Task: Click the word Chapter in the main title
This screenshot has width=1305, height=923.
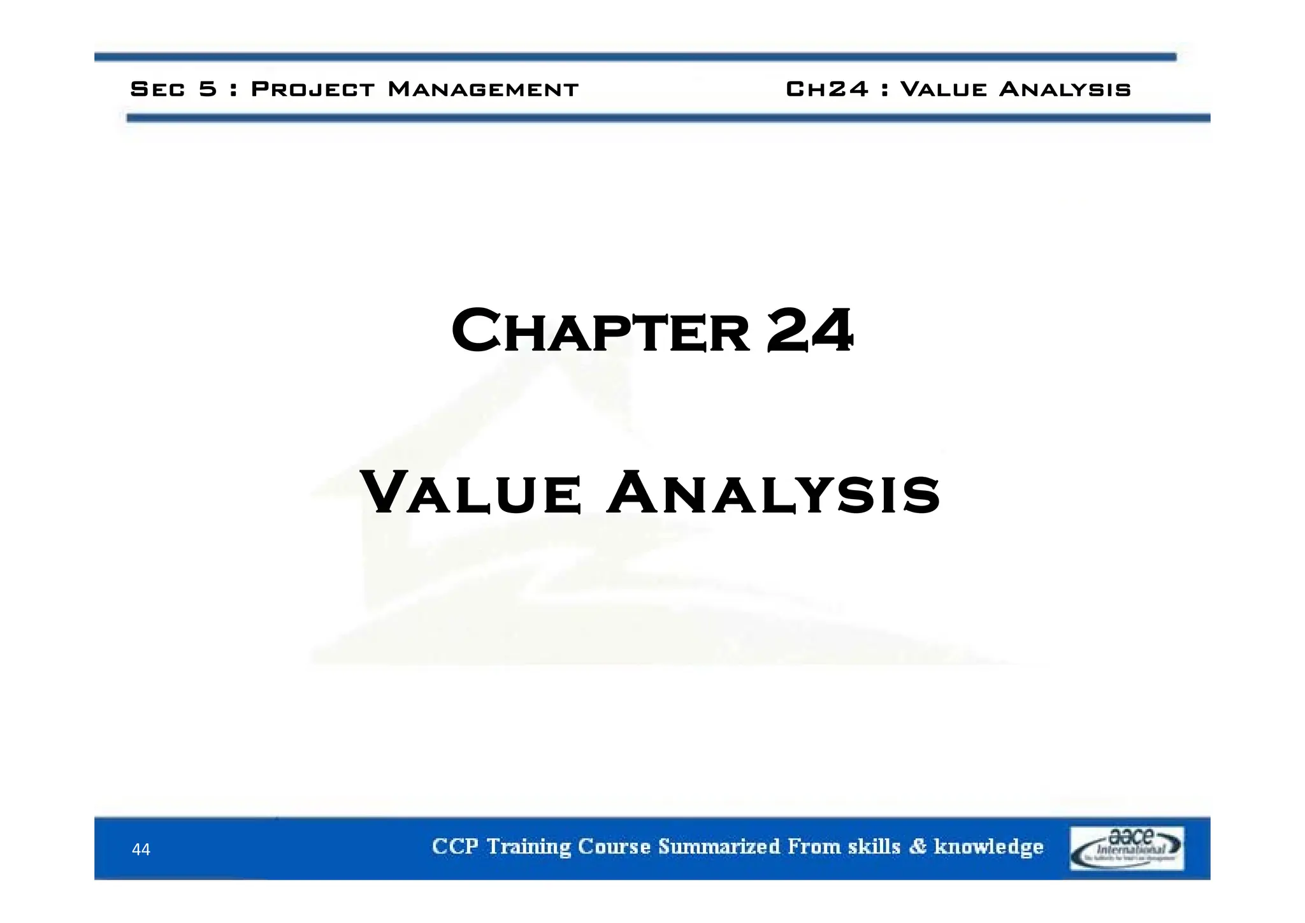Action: point(600,331)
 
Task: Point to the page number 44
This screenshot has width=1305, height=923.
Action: point(141,849)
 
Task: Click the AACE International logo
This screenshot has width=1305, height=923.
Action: point(1126,848)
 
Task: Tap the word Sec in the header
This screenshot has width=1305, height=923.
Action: point(157,89)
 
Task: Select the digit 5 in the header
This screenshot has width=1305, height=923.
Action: point(208,89)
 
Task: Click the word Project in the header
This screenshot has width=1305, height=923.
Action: point(313,89)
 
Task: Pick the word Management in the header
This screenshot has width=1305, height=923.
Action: point(483,89)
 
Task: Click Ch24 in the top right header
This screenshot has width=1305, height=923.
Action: point(827,89)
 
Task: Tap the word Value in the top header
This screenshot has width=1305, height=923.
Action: point(943,89)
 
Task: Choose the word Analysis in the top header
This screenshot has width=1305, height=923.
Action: point(1065,89)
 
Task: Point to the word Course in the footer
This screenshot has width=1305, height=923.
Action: point(614,847)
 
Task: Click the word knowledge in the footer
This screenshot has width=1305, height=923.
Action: point(988,847)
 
